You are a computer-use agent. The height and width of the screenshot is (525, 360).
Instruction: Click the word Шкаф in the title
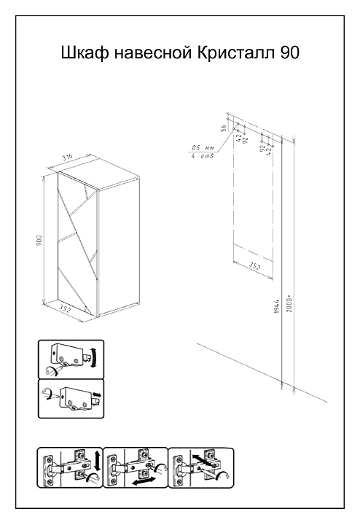(85, 53)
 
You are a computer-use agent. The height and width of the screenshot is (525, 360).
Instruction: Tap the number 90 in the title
(290, 53)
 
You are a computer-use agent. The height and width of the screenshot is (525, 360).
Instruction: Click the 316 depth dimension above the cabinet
(69, 157)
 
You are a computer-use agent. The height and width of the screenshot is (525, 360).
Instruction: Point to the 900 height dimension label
(39, 240)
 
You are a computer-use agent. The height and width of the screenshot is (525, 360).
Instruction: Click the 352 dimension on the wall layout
(254, 266)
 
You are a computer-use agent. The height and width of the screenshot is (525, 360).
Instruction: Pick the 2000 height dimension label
(289, 303)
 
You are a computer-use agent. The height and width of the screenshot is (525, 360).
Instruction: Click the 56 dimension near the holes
(224, 127)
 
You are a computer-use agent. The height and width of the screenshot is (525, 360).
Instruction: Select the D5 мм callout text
(203, 148)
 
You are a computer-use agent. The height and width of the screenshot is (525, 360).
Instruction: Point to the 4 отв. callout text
(203, 156)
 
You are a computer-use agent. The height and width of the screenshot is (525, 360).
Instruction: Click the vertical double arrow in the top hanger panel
(95, 357)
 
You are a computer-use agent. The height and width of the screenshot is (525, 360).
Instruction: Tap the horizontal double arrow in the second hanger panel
(97, 394)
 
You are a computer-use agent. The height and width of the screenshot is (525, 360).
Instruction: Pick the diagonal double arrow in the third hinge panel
(203, 460)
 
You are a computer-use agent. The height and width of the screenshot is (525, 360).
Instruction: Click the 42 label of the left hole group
(238, 138)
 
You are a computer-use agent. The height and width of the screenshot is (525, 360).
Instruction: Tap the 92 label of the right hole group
(262, 147)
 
